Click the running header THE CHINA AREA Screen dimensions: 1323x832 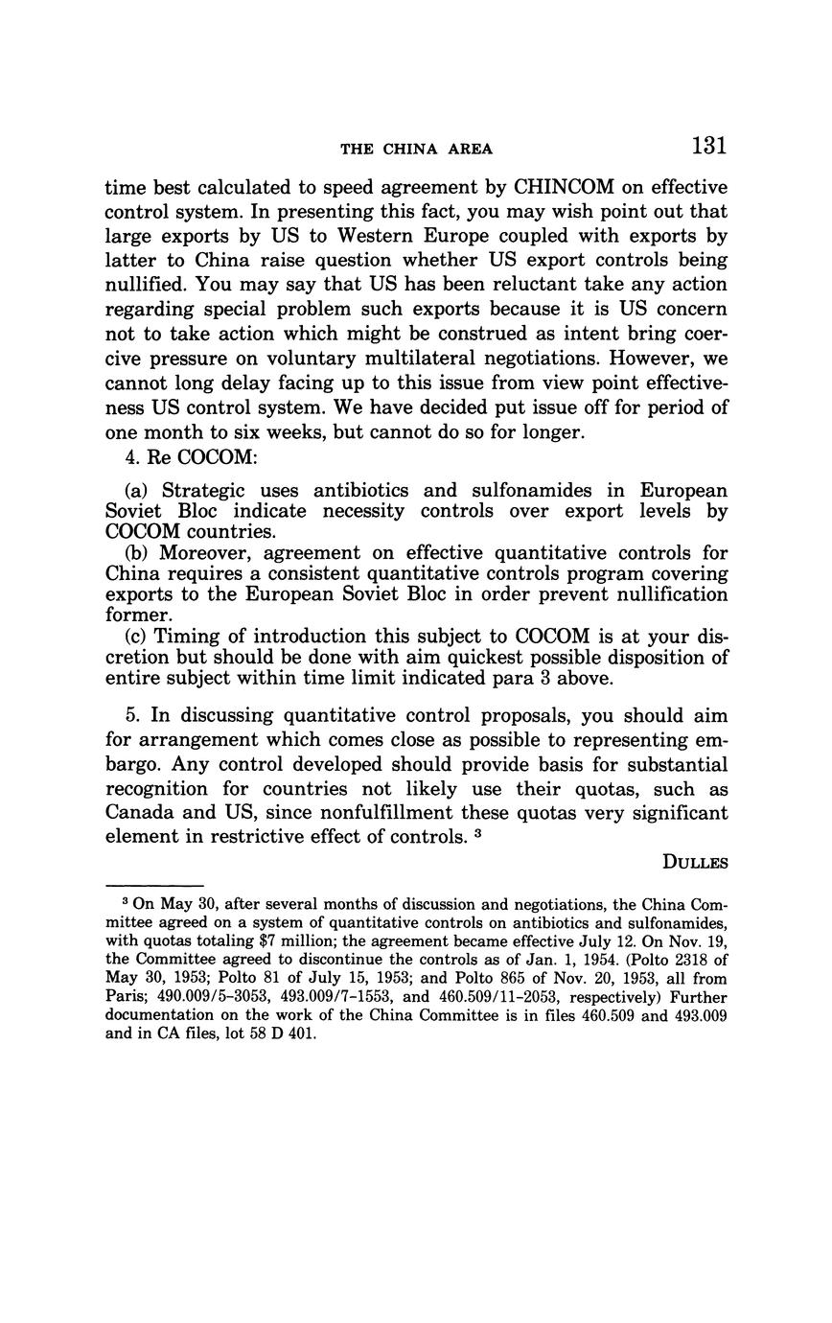point(416,149)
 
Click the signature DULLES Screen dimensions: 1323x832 point(695,862)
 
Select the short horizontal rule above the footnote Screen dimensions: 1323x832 point(154,885)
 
